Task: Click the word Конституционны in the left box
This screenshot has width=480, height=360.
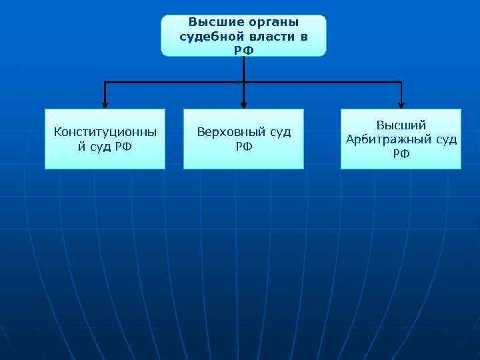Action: point(105,132)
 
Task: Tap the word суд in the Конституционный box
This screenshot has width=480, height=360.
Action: point(102,146)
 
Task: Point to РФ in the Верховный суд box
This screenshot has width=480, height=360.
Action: point(243,146)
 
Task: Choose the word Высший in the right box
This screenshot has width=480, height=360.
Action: point(401,125)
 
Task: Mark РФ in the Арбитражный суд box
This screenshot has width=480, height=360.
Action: point(401,153)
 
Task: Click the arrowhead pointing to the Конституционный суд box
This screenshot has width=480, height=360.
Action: point(105,103)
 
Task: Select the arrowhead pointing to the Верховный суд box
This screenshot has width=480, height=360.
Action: point(243,103)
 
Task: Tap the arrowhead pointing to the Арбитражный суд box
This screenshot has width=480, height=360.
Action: point(401,103)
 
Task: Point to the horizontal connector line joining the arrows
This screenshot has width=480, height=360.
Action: point(173,83)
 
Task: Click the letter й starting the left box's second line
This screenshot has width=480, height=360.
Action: point(82,146)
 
